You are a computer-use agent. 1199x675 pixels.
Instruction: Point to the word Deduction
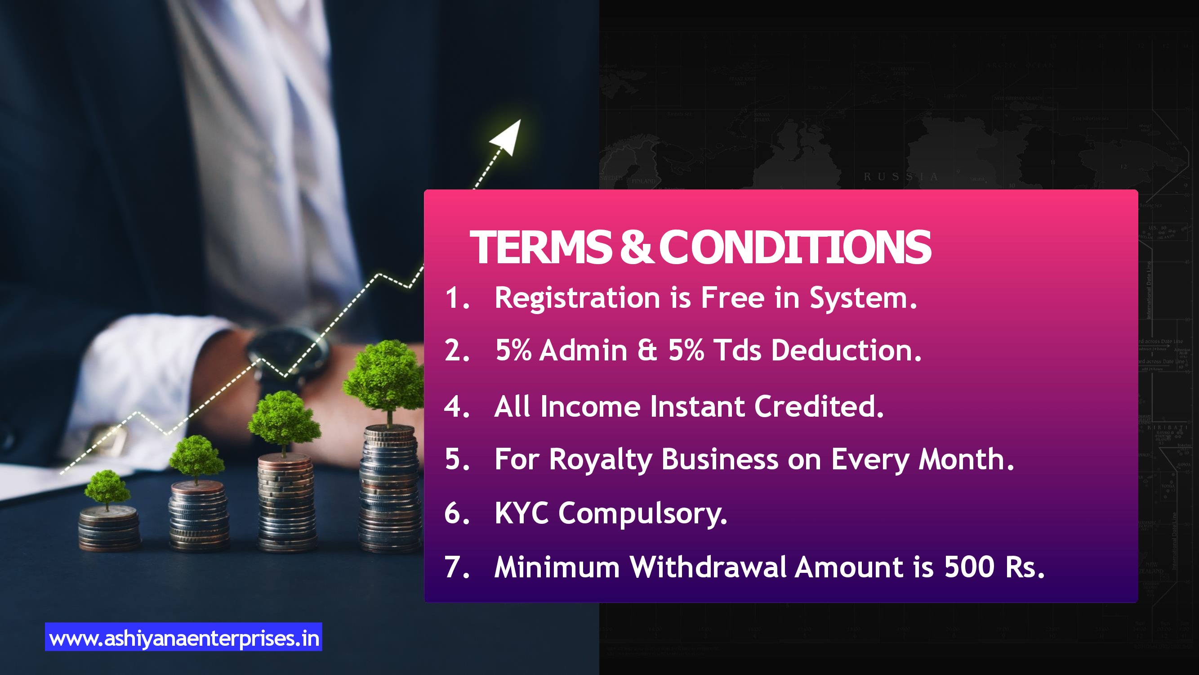click(846, 350)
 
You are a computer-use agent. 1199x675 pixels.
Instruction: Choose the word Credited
click(819, 406)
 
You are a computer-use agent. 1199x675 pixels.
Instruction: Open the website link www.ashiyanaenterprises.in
click(184, 638)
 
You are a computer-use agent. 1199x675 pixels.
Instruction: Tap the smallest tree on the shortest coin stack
click(107, 489)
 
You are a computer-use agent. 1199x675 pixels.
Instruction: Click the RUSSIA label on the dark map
click(900, 176)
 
